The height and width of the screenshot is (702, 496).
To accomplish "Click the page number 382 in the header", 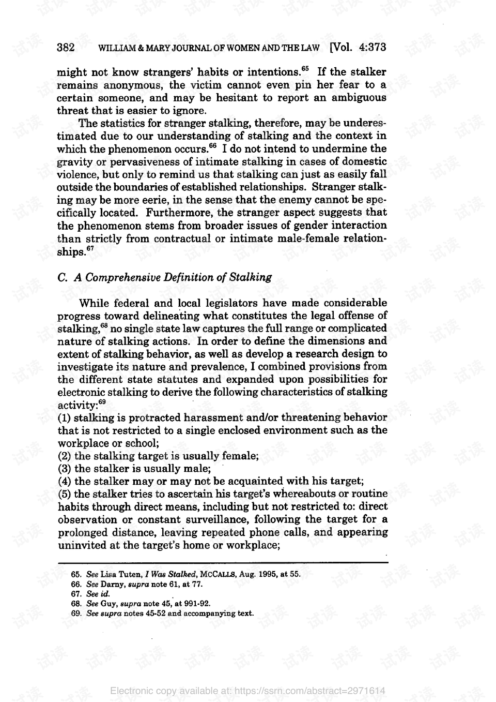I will pyautogui.click(x=66, y=48).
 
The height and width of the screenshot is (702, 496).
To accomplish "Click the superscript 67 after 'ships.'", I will pyautogui.click(x=90, y=248).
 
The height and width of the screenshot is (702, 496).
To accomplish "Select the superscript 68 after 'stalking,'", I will pyautogui.click(x=104, y=325).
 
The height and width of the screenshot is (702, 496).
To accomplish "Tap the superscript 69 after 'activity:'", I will pyautogui.click(x=102, y=401).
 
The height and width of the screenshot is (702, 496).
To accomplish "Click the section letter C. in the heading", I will pyautogui.click(x=63, y=277).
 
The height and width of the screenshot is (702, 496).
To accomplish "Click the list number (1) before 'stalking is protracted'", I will pyautogui.click(x=64, y=417).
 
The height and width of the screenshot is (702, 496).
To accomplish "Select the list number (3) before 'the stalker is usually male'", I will pyautogui.click(x=64, y=469).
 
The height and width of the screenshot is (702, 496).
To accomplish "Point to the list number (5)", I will pyautogui.click(x=64, y=494).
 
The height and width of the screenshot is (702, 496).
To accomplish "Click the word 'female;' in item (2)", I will pyautogui.click(x=240, y=456).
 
